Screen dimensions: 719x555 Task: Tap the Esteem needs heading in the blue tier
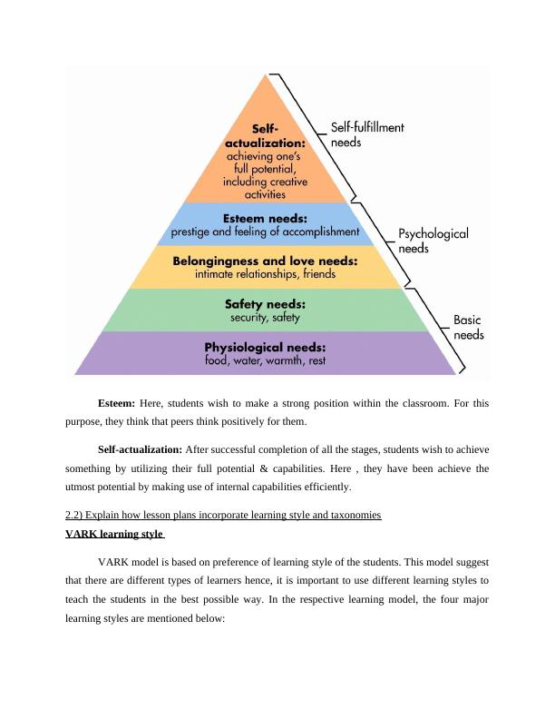coord(265,218)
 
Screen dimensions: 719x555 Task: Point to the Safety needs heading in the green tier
coord(265,304)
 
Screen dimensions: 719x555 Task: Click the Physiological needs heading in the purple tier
coord(265,347)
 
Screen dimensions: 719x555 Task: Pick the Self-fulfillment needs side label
coord(367,135)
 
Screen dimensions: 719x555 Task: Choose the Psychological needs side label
coord(433,241)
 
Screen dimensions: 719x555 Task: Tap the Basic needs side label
coord(468,327)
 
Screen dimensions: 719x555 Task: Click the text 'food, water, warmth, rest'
coord(265,361)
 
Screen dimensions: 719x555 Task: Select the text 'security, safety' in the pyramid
coord(265,319)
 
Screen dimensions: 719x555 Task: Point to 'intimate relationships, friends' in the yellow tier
coord(265,274)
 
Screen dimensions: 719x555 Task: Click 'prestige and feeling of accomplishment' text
coord(265,231)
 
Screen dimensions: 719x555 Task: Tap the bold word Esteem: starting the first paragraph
coord(116,403)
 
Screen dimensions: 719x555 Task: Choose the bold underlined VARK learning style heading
coord(112,534)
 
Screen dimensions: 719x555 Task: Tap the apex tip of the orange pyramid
coord(265,74)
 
